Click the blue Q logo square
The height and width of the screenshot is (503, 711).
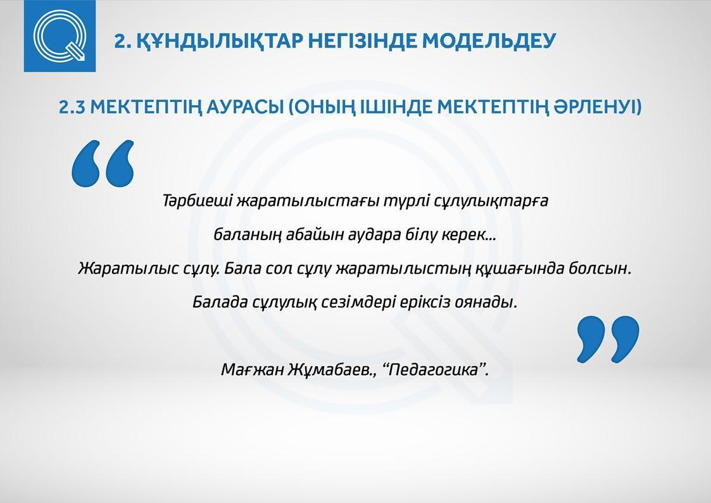point(60,36)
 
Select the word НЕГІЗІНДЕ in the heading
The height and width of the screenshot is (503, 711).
point(363,41)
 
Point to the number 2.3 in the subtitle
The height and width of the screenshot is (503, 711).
point(72,108)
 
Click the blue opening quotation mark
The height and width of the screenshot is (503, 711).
point(103,163)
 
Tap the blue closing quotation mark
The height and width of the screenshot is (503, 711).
point(608,340)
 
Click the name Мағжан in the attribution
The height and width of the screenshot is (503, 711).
point(251,370)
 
